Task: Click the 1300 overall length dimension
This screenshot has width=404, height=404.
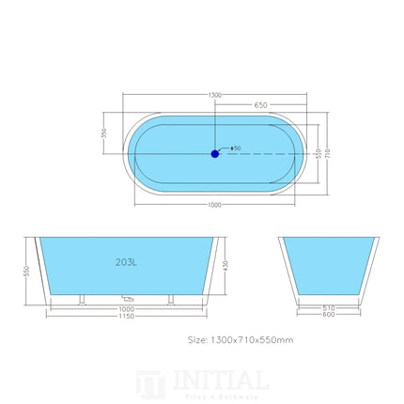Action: pyautogui.click(x=215, y=95)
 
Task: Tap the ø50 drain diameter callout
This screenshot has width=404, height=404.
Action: pyautogui.click(x=235, y=148)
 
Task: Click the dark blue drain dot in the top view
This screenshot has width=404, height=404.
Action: pyautogui.click(x=215, y=151)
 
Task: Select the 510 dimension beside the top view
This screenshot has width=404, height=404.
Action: pyautogui.click(x=319, y=151)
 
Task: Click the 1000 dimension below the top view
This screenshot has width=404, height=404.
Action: pyautogui.click(x=215, y=206)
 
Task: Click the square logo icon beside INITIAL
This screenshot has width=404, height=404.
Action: pyautogui.click(x=149, y=384)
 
